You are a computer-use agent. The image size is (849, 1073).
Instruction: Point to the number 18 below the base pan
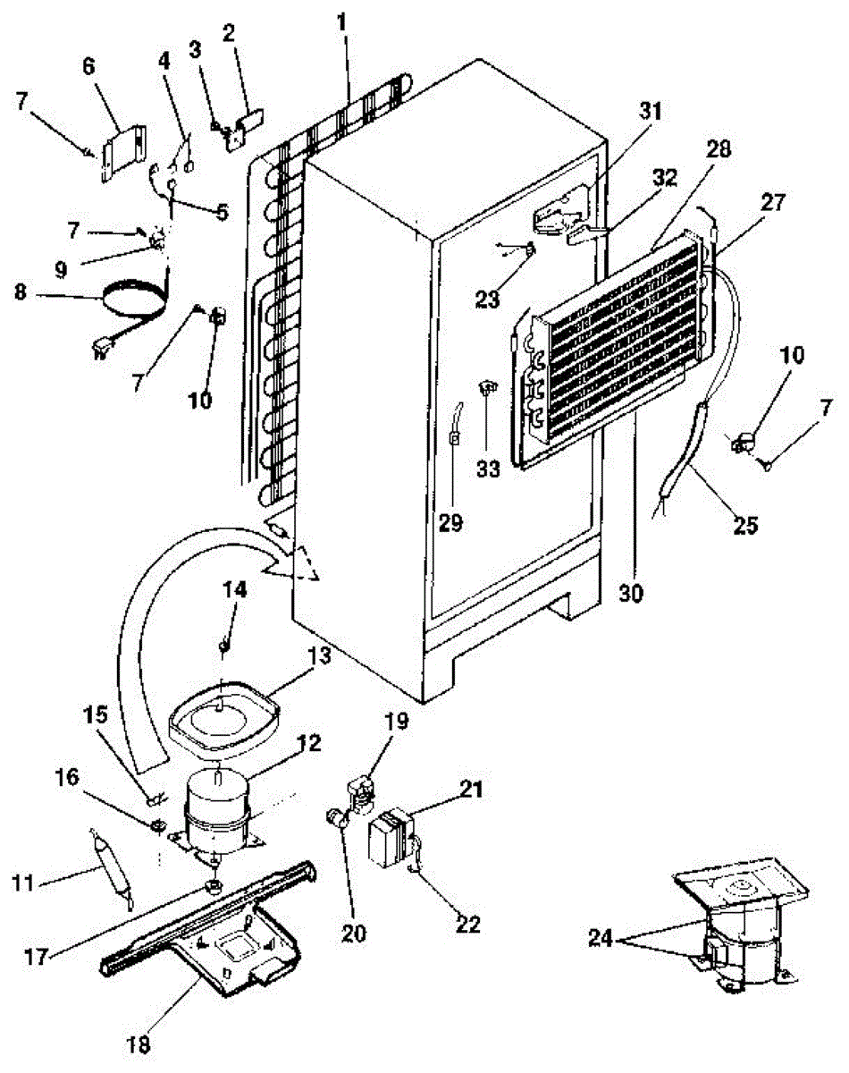tap(139, 1043)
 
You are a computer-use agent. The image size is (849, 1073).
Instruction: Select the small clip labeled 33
tap(487, 387)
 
